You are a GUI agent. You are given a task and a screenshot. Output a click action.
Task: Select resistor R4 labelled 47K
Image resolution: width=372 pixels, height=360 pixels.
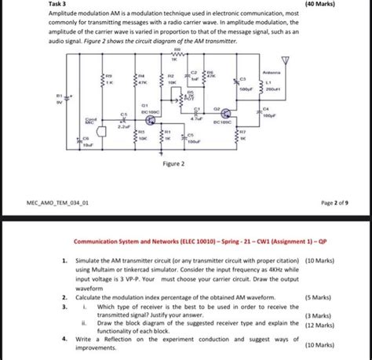click(x=135, y=80)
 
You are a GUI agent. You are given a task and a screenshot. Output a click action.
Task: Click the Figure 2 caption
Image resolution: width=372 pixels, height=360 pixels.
click(x=173, y=165)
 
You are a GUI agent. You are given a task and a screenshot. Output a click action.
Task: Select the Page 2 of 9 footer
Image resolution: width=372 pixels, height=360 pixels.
click(x=335, y=202)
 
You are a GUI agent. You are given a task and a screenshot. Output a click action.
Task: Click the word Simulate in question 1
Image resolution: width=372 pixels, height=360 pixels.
click(x=89, y=260)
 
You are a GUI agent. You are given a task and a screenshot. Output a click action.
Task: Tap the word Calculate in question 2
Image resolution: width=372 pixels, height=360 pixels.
click(x=90, y=297)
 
